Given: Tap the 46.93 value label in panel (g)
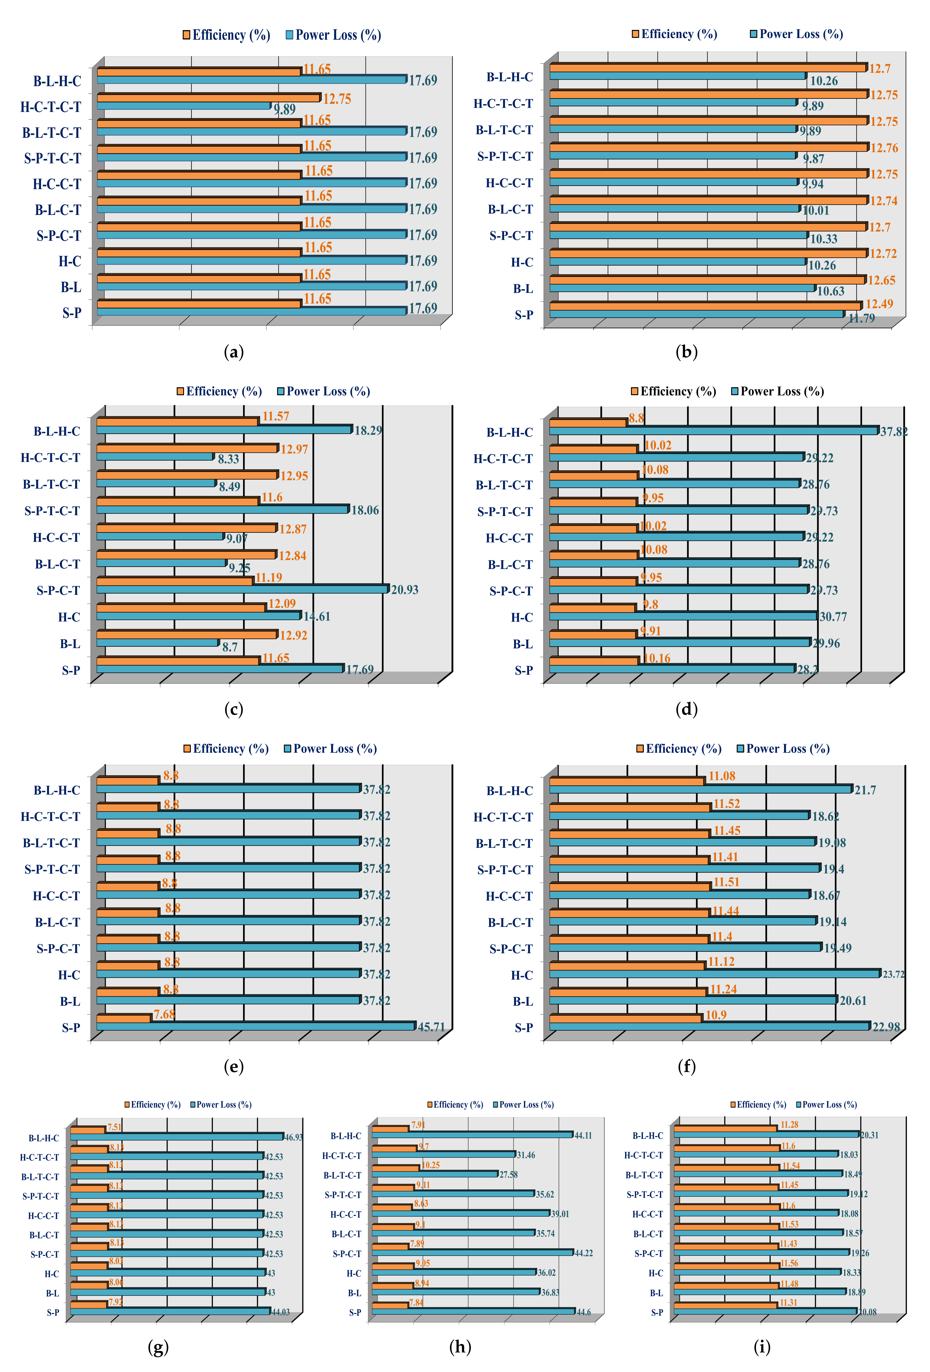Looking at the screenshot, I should (x=294, y=1137).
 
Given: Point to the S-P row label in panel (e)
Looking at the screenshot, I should (x=71, y=1028).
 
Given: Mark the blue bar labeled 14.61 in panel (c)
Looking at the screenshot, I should (x=198, y=616).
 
